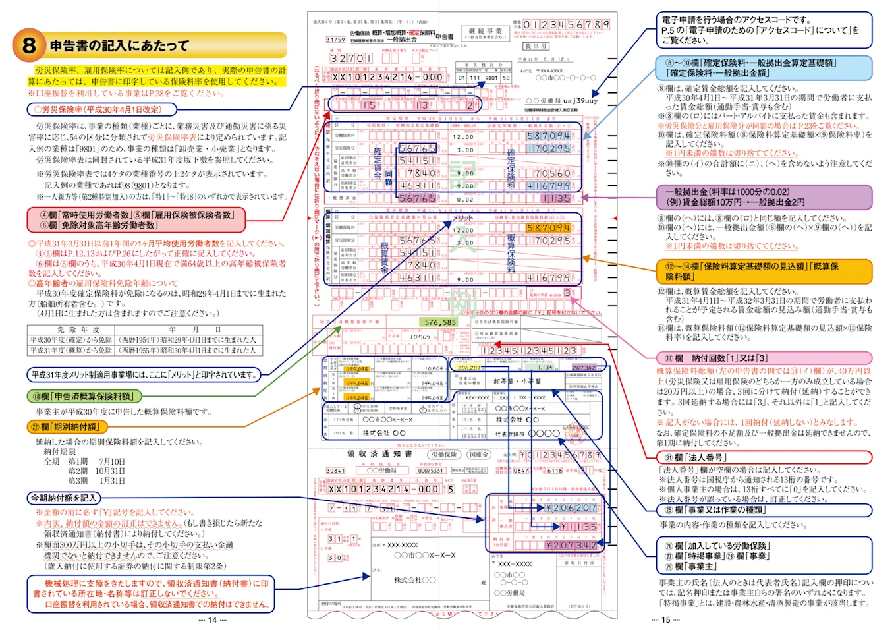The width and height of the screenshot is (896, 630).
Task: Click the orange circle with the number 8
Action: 28,45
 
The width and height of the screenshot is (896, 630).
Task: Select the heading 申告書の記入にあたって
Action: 119,45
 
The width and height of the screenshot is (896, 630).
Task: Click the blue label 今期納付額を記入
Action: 65,498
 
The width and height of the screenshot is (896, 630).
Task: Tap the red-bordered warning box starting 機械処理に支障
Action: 150,594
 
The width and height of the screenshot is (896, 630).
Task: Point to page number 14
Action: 212,620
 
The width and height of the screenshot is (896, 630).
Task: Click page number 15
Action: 665,620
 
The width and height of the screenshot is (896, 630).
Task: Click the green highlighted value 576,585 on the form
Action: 440,322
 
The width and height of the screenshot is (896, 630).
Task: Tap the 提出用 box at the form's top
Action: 536,47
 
